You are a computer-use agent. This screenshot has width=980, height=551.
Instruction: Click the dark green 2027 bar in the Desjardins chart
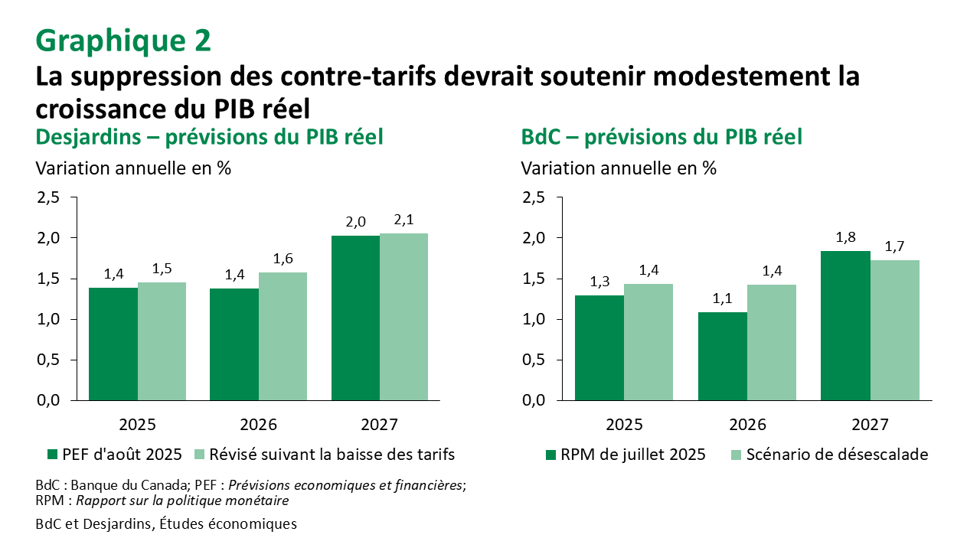click(355, 318)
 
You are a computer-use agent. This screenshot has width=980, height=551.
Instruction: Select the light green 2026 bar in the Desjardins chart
click(283, 336)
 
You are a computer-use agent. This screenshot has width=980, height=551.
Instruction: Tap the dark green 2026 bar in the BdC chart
click(723, 356)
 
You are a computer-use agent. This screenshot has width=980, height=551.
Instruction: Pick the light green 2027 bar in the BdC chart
click(894, 330)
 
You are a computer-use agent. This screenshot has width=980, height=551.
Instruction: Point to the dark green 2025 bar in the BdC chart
click(599, 347)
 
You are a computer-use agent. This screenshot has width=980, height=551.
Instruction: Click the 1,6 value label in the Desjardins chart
click(283, 259)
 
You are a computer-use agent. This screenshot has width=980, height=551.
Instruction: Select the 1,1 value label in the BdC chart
click(723, 298)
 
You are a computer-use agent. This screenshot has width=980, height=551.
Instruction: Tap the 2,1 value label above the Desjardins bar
click(403, 220)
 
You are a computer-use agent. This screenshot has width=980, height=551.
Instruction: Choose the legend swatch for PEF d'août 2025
click(52, 455)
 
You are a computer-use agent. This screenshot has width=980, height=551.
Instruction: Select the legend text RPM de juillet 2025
click(632, 455)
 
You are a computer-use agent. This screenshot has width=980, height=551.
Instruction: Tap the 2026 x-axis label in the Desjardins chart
click(258, 425)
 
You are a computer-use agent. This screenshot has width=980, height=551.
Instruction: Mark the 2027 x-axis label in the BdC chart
click(870, 425)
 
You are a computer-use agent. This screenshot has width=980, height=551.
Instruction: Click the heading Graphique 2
click(123, 41)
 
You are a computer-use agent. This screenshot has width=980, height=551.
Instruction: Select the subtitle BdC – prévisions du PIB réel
click(661, 138)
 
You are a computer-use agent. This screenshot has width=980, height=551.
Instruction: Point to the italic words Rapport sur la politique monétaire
click(182, 500)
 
